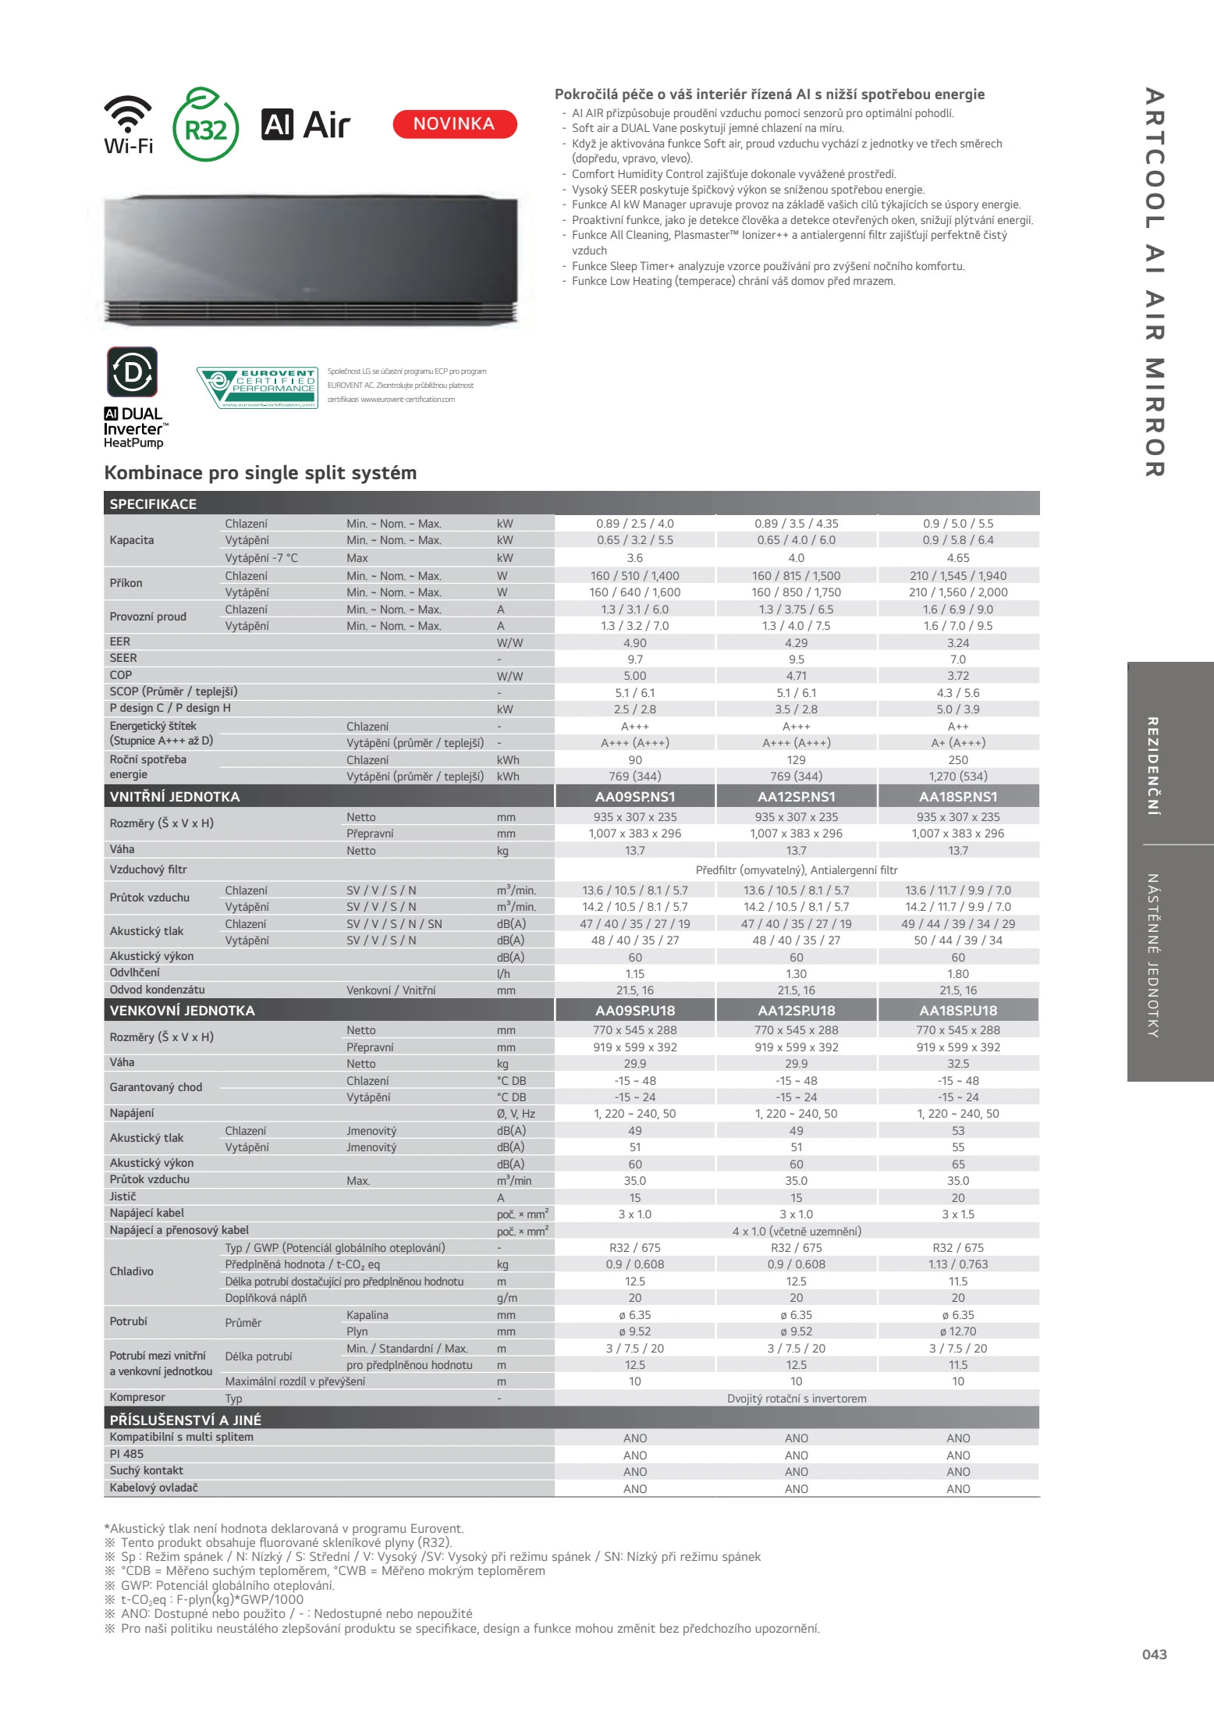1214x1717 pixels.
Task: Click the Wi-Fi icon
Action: click(x=128, y=123)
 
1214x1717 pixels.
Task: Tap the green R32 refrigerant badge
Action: click(x=205, y=125)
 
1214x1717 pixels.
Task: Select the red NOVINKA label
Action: click(x=454, y=124)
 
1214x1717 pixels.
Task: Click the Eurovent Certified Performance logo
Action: click(x=257, y=387)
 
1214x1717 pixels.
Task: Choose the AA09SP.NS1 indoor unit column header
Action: click(x=635, y=797)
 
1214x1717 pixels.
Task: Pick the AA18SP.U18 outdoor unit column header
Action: click(x=958, y=1011)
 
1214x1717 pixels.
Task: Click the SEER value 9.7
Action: click(x=635, y=659)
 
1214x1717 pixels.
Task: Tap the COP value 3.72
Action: click(x=958, y=676)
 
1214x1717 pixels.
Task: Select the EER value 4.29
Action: click(x=797, y=643)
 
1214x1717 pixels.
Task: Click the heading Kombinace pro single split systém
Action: click(x=261, y=473)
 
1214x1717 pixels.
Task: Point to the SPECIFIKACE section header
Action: click(x=153, y=504)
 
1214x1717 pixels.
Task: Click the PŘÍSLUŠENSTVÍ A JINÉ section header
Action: click(x=186, y=1420)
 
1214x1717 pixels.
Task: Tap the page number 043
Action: click(x=1154, y=1654)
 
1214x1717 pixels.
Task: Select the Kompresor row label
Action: click(x=137, y=1397)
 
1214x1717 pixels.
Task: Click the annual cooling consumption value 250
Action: click(x=958, y=760)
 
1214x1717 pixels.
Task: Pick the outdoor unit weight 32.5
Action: click(x=958, y=1064)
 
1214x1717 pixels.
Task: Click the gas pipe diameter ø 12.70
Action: click(x=958, y=1331)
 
